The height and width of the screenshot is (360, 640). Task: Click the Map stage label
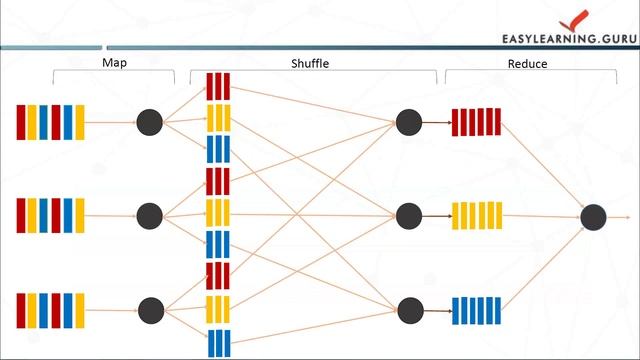point(115,62)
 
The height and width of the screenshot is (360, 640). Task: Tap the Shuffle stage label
point(310,63)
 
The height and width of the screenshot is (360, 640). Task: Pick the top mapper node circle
point(149,122)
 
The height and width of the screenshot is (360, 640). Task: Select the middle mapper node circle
point(149,214)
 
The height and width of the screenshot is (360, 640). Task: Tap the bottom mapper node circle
point(149,308)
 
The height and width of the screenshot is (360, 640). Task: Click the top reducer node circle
point(408,122)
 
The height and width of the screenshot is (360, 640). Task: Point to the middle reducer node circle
point(408,215)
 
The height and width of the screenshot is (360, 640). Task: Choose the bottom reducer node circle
point(408,308)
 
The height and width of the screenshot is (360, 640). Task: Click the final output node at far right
point(593,215)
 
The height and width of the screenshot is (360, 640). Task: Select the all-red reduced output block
point(476,122)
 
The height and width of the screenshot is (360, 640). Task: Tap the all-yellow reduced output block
point(476,215)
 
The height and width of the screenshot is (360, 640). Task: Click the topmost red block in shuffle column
point(218,86)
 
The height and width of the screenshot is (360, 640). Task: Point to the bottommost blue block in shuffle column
point(218,343)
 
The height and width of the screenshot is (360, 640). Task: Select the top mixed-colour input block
point(50,122)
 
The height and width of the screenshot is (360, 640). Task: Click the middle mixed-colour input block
point(50,214)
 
